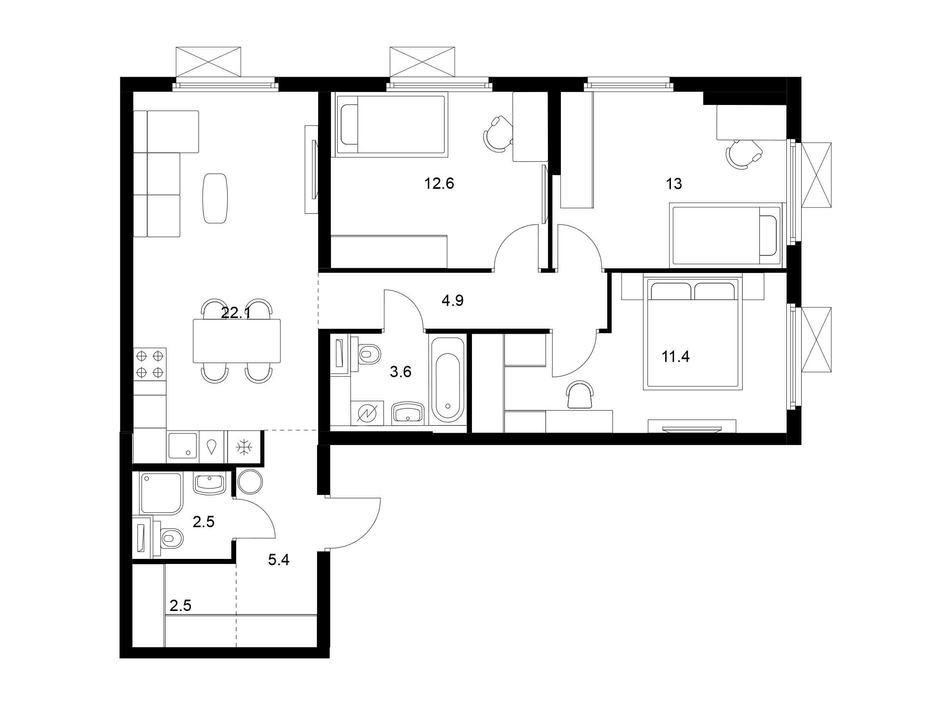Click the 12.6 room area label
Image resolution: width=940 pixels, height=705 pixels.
coord(439,184)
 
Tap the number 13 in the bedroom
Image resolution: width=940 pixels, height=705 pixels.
coord(674,184)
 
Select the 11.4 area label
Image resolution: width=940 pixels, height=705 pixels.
coord(675,356)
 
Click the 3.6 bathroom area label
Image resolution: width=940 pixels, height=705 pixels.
coord(400,372)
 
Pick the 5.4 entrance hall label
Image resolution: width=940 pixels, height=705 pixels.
coord(278,560)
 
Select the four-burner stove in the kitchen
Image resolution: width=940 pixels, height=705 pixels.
coord(150,364)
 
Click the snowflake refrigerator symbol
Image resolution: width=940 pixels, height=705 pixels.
coord(244,447)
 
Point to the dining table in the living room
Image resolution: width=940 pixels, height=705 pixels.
coord(237,341)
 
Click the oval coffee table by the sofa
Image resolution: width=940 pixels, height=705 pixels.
coord(215,198)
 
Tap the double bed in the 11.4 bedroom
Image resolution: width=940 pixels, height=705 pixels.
coord(693,333)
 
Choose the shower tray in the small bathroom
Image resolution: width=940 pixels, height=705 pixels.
coord(161,493)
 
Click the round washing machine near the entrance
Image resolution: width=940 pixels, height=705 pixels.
coord(250,482)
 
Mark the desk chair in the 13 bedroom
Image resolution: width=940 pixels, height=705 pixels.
coord(744,154)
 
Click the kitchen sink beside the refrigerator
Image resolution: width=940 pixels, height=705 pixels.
coord(183,446)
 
